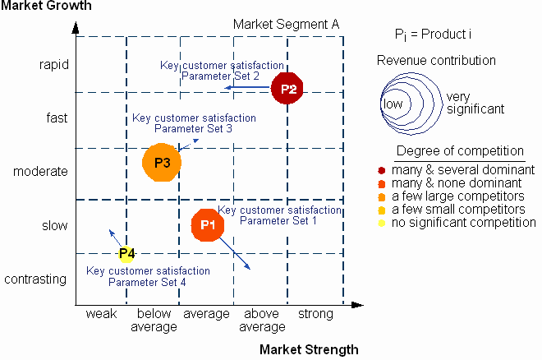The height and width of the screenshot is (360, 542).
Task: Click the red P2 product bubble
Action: (x=287, y=88)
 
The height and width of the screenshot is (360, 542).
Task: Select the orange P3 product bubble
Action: (x=162, y=163)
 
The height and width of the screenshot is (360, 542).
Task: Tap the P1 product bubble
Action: (x=208, y=224)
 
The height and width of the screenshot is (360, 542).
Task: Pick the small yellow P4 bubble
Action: (x=126, y=253)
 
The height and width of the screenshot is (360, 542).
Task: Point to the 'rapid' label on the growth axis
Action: (x=54, y=65)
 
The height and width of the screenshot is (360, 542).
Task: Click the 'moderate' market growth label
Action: (x=40, y=172)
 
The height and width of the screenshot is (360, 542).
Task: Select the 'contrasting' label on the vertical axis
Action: (x=35, y=279)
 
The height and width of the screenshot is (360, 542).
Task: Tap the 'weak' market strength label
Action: (x=101, y=314)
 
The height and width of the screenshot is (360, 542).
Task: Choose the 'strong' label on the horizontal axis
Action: (x=315, y=314)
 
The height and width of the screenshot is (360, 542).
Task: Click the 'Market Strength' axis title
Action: (x=309, y=349)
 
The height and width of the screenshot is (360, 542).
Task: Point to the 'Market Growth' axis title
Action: (x=46, y=6)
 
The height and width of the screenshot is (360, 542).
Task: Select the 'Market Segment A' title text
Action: (x=287, y=24)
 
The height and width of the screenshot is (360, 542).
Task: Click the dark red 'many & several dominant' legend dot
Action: (x=382, y=170)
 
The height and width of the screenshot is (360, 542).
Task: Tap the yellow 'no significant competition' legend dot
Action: (x=382, y=223)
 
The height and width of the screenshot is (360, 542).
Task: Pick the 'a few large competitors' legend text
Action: (x=458, y=196)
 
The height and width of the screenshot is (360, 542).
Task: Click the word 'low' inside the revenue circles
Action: (x=393, y=104)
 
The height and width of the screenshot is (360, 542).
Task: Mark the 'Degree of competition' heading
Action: (x=460, y=151)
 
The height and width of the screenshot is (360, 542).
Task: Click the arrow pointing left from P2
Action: (x=247, y=87)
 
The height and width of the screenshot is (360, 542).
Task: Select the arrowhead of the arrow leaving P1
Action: (x=247, y=266)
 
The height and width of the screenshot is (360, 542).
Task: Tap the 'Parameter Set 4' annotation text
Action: (x=147, y=282)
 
